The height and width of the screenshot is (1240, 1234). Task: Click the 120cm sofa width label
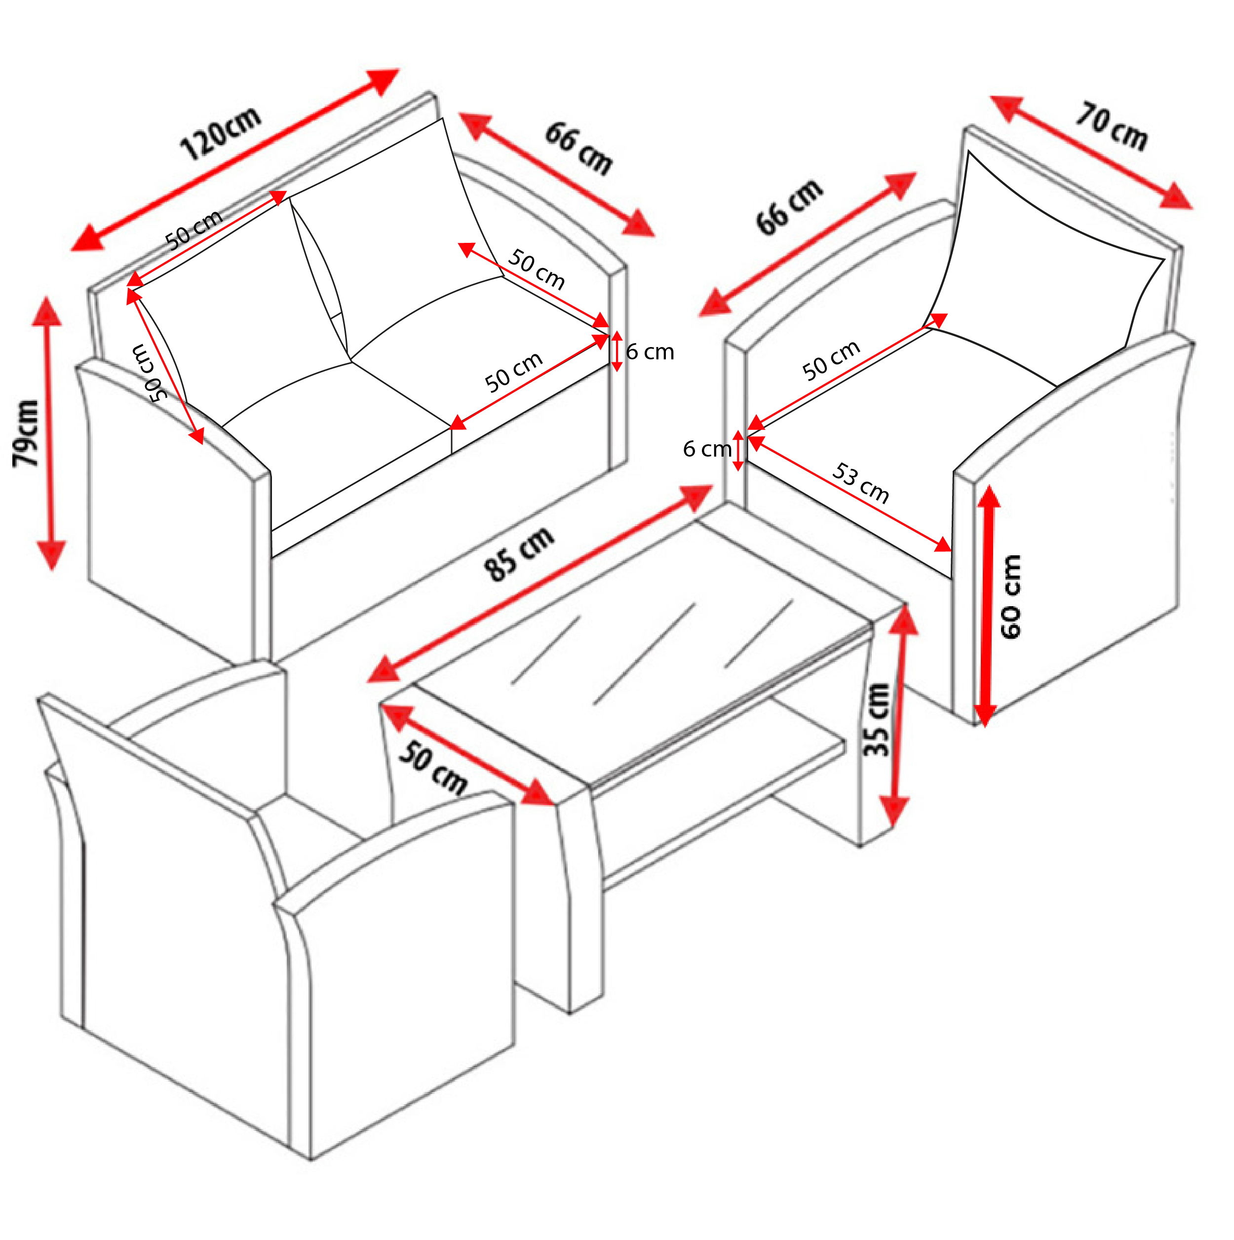[221, 133]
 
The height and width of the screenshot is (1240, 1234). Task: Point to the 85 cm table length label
[518, 554]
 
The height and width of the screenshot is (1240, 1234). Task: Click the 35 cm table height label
[876, 720]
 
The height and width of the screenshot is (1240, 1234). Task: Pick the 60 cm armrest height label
[1011, 597]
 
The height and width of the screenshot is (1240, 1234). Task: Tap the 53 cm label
[860, 483]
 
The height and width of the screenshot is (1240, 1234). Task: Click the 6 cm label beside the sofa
[650, 352]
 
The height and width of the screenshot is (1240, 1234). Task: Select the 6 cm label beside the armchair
[706, 449]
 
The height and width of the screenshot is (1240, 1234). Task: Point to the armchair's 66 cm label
[789, 207]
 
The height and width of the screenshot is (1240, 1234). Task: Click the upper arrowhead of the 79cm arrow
[46, 311]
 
